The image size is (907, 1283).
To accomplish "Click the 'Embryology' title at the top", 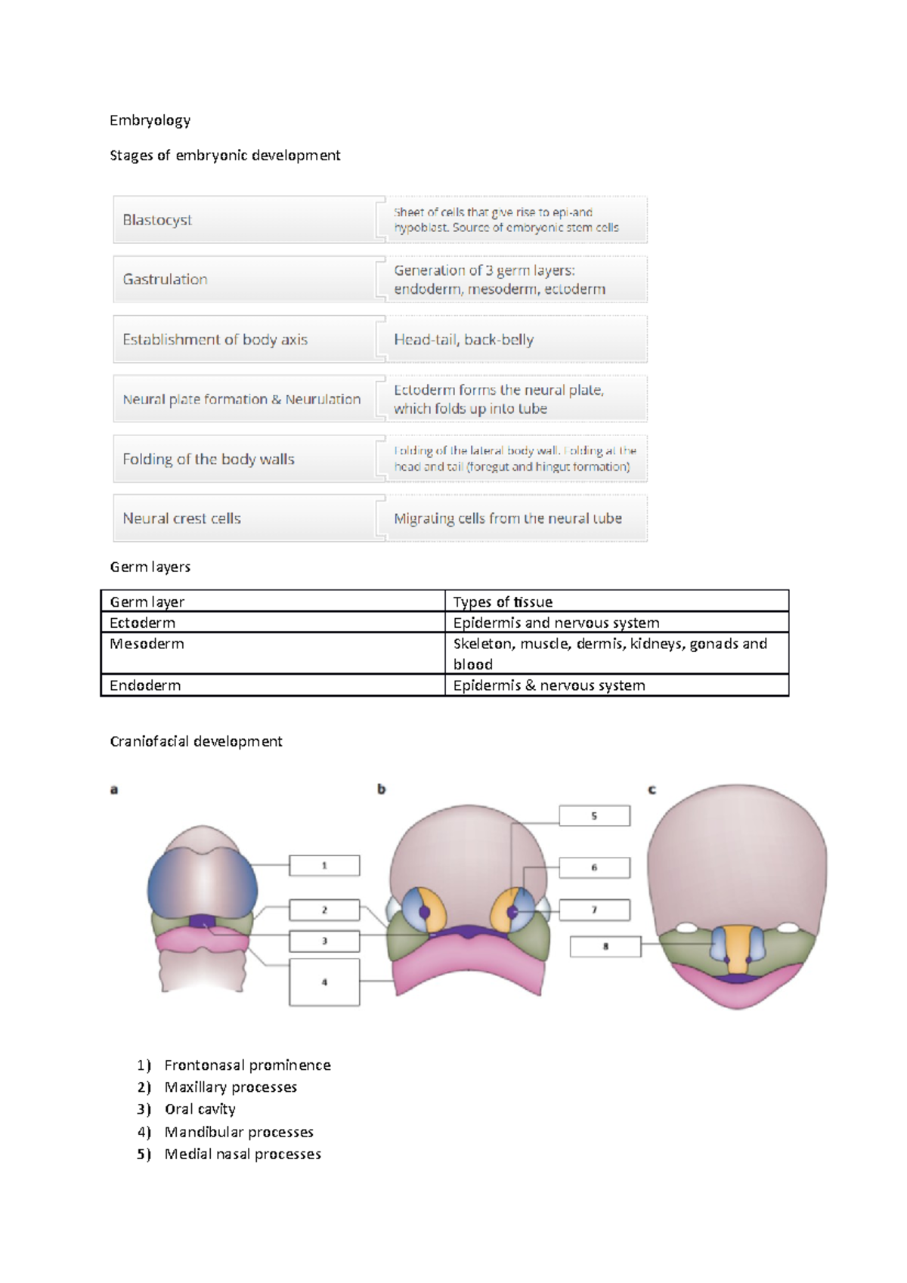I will pos(150,120).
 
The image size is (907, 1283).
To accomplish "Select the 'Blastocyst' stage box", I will pos(246,220).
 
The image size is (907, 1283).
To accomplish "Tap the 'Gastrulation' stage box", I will pos(246,280).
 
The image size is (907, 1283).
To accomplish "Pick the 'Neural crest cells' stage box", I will pos(246,518).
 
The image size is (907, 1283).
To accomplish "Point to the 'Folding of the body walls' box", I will pos(246,459).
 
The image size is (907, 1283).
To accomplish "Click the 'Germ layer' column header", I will pos(147,601).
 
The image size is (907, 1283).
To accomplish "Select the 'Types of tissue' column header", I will pos(503,601).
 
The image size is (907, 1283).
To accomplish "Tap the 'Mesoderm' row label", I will pos(147,644).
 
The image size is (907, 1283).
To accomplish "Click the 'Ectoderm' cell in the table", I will pos(142,623).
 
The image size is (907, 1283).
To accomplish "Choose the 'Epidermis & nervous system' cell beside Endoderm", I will pos(549,685).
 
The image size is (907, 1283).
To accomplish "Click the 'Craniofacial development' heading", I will pos(196,741).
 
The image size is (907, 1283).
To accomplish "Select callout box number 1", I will pos(324,865).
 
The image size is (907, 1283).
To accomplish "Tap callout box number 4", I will pos(324,982).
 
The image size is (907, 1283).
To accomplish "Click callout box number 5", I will pos(594,816).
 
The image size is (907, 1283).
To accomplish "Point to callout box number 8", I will pos(605,946).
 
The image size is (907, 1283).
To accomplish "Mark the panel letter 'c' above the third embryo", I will pos(652,790).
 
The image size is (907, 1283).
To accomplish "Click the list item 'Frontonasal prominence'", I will pos(247,1065).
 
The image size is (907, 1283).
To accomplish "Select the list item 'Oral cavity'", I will pos(200,1109).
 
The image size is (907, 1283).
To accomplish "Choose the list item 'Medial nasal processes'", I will pos(243,1154).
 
